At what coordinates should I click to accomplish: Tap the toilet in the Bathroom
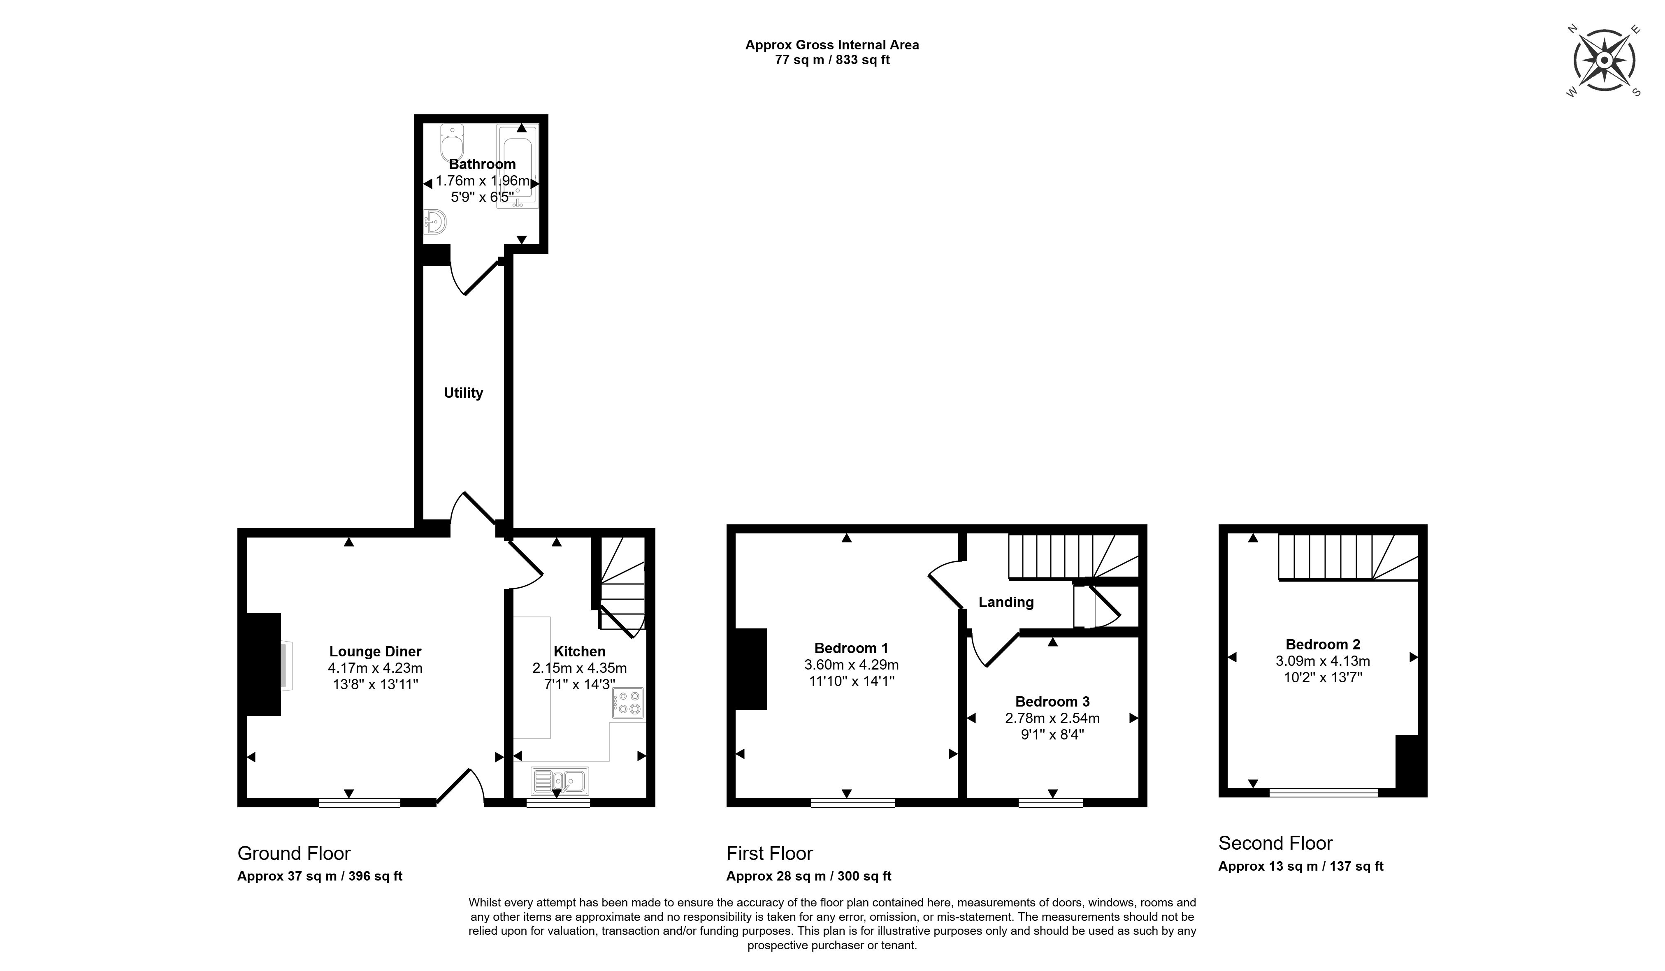coord(453,142)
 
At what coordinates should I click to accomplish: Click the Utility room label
coord(463,393)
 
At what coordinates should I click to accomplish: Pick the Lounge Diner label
coord(375,652)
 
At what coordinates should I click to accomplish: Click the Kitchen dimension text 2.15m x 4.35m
coord(579,668)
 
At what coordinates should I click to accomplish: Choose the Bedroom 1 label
coord(851,648)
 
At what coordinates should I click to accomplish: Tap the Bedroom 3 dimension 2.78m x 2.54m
coord(1052,718)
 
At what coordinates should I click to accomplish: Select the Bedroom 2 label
coord(1323,644)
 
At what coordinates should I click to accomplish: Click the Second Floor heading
coord(1275,844)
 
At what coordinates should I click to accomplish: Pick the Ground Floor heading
coord(294,853)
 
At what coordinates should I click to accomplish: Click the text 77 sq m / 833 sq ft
coord(832,60)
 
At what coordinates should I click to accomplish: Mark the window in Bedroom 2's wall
coord(1324,792)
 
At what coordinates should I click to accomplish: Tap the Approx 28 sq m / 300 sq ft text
coord(809,876)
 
